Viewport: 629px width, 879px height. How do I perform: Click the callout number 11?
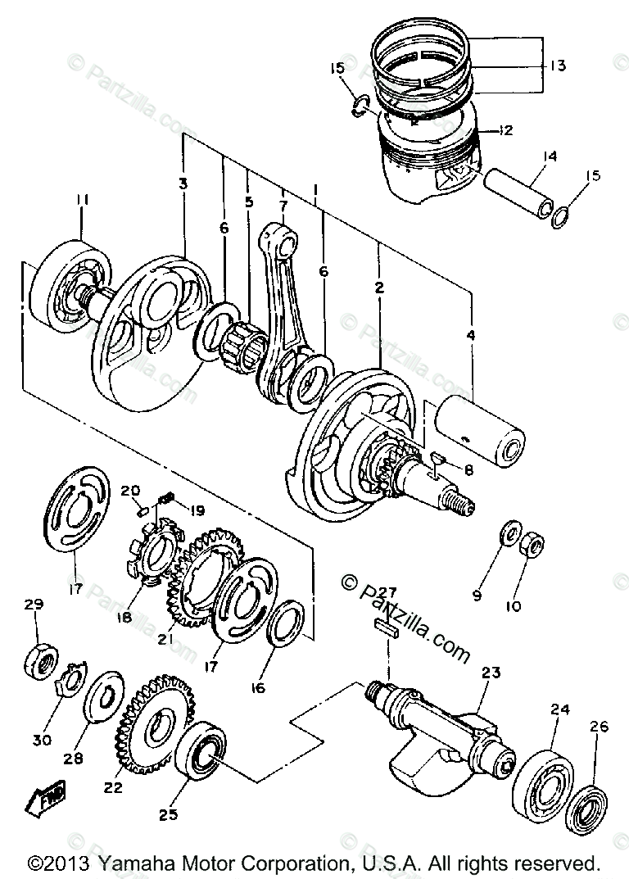tap(82, 199)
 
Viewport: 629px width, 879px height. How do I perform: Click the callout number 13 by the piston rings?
tap(559, 66)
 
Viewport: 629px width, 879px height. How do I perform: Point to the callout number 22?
tap(112, 787)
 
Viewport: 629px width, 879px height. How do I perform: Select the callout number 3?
tap(183, 184)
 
